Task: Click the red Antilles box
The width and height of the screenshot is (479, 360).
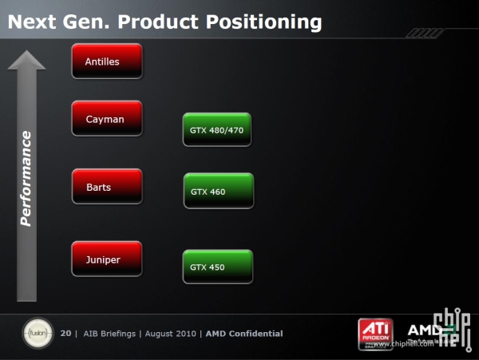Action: (x=106, y=61)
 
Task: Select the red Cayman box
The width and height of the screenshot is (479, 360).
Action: (x=106, y=118)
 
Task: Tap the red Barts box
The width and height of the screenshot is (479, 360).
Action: (x=106, y=187)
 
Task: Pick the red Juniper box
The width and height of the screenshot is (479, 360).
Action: (x=106, y=259)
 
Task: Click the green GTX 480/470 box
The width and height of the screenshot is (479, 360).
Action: (x=216, y=129)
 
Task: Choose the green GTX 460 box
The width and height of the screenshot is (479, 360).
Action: (x=218, y=191)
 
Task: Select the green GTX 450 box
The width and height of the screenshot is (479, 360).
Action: (x=217, y=267)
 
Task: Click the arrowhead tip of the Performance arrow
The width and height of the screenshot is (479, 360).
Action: (x=27, y=53)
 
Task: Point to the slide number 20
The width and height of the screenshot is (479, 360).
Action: (x=65, y=334)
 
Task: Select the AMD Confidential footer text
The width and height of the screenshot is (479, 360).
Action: (x=244, y=334)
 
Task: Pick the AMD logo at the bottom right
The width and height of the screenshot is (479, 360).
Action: (x=423, y=330)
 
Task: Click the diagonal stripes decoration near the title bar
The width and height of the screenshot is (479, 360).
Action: (x=424, y=33)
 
